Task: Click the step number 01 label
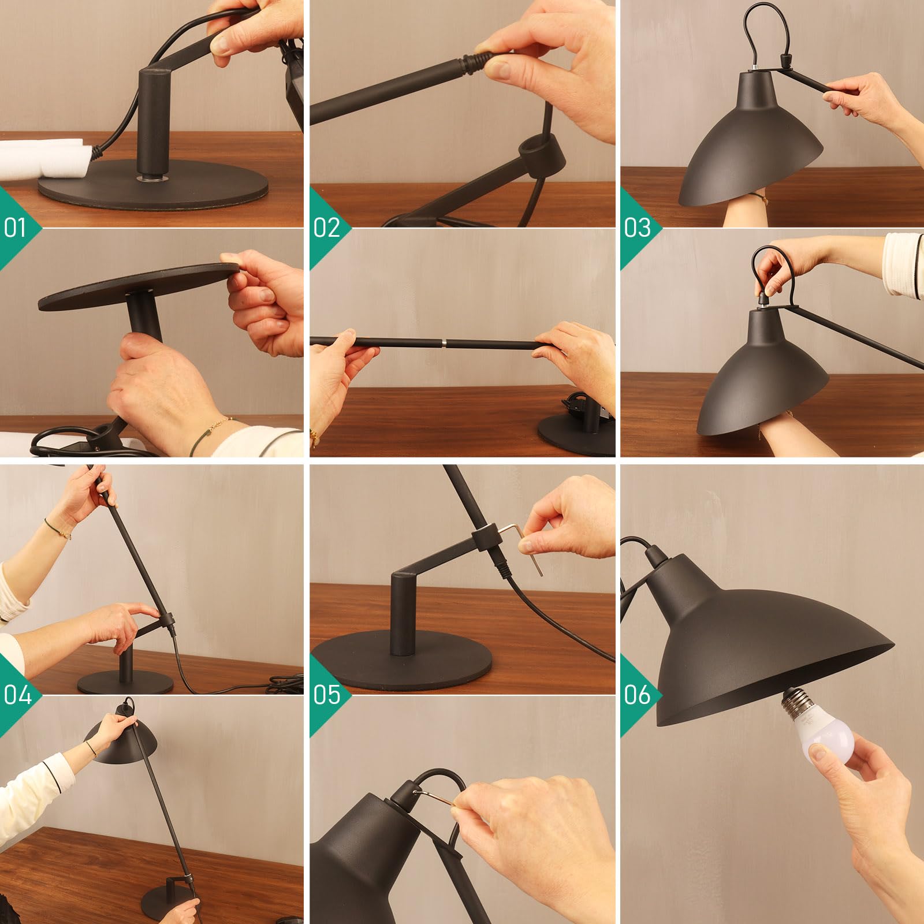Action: click(15, 227)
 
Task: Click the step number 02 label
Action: click(326, 228)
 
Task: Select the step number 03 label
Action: click(637, 228)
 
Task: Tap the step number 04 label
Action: click(17, 695)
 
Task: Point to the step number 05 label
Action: click(327, 695)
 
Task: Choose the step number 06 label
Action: click(637, 695)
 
